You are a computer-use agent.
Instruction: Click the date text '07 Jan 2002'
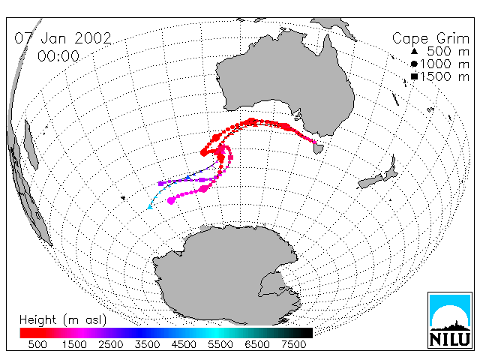coord(63,38)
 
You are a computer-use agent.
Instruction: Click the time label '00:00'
coord(58,56)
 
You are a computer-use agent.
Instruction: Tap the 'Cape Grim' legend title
coord(430,39)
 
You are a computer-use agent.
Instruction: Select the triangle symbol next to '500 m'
coord(414,51)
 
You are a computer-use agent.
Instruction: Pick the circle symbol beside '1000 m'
coord(414,64)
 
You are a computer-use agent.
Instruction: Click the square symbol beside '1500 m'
coord(414,76)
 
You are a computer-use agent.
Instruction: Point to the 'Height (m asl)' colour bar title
coord(63,320)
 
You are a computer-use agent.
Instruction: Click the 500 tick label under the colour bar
coord(37,345)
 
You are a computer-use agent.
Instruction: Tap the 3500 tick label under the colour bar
coord(147,345)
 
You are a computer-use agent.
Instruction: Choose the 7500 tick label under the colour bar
coord(293,345)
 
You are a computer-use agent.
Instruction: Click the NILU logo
coord(450,320)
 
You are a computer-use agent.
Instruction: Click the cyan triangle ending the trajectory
coord(150,207)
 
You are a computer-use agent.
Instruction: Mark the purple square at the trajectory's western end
coord(160,184)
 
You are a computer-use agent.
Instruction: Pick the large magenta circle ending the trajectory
coord(171,200)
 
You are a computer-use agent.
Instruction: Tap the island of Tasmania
coord(318,148)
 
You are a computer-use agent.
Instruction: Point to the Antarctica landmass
coord(226,275)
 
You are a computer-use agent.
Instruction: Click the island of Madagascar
coord(31,145)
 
